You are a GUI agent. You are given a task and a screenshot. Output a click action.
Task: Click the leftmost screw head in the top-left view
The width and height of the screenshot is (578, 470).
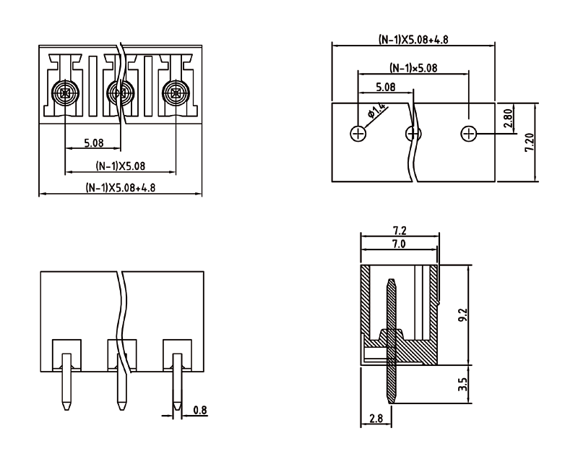pos(66,92)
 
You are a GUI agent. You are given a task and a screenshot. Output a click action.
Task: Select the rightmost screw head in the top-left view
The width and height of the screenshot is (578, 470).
pos(176,92)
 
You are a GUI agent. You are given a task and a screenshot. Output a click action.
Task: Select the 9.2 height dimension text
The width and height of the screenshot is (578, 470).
pos(462,316)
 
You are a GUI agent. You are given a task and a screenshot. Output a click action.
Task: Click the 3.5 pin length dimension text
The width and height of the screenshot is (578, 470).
pos(462,383)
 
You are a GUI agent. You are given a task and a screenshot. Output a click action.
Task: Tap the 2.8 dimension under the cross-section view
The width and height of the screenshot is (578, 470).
pos(376,418)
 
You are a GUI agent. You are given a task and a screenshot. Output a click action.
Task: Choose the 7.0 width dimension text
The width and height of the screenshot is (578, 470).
pos(399,245)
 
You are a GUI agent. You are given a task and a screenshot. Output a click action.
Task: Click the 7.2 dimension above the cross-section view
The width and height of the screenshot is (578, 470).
pos(399,231)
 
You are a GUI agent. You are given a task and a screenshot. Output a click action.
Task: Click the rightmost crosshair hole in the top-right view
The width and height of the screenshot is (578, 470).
pos(468,134)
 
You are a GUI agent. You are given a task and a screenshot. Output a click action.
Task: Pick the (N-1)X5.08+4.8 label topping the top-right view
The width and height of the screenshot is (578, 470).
pos(413,40)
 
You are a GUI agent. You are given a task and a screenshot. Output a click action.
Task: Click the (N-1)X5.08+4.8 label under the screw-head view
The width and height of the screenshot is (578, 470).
pos(121,187)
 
